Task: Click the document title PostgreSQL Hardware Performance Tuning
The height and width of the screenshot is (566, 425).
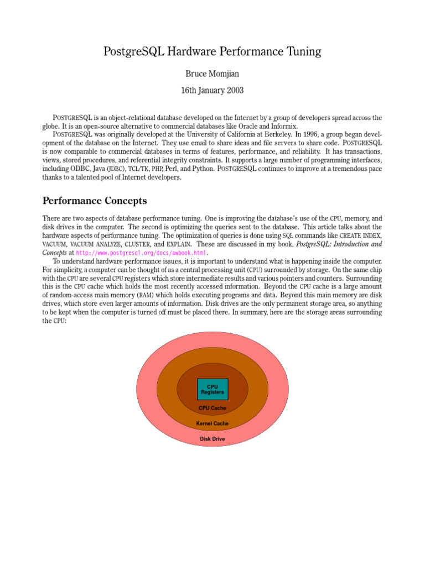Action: coord(212,52)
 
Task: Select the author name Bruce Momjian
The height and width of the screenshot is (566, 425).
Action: coord(212,73)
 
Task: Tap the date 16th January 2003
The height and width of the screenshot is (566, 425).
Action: coord(212,90)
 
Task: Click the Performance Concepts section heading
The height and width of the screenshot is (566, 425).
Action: coord(95,200)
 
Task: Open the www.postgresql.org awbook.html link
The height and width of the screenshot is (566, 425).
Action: coord(141,253)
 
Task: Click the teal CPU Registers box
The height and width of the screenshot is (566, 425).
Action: coord(212,389)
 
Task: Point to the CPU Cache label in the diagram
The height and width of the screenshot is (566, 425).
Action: coord(212,408)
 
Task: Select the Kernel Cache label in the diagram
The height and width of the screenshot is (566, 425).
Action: coord(212,423)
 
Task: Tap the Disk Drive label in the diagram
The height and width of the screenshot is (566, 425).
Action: coord(212,439)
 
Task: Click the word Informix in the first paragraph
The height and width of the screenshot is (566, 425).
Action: coord(283,126)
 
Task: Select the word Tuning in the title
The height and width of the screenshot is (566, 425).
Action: coord(302,52)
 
